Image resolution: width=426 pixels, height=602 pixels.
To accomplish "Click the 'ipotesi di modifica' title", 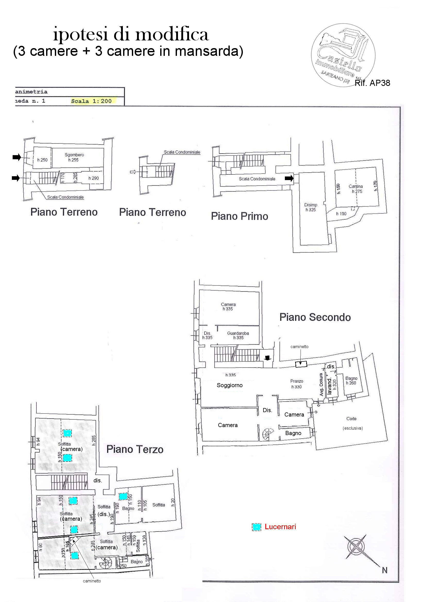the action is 131,34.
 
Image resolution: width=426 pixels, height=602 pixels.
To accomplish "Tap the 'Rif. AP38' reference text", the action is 372,83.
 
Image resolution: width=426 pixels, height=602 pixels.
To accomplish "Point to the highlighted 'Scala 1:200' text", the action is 91,101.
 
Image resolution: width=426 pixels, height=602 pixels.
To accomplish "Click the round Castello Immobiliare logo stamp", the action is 343,55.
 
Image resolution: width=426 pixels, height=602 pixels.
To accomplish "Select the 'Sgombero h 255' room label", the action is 74,157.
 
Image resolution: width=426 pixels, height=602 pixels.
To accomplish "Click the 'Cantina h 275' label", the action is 356,189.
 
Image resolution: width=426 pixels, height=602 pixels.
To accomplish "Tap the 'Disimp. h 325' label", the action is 311,207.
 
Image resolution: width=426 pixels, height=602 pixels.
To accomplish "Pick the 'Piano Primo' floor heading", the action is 239,216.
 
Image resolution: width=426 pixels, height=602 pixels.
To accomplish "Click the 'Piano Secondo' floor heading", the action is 315,317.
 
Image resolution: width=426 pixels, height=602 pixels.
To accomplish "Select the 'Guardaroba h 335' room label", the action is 238,335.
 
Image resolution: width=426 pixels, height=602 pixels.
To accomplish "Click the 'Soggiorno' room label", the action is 230,385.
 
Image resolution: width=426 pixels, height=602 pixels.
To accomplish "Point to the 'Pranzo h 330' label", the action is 297,384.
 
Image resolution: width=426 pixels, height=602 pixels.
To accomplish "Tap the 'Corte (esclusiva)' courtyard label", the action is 352,423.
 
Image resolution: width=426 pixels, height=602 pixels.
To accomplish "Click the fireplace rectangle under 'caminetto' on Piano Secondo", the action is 301,364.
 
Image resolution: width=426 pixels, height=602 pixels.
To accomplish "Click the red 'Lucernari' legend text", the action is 280,527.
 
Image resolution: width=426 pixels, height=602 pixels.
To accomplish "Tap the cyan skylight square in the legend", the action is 257,527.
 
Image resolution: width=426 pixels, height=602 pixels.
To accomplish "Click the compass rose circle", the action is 356,546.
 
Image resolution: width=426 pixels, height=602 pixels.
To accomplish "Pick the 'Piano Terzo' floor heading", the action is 135,449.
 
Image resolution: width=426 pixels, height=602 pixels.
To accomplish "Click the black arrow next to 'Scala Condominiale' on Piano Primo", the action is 289,178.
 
